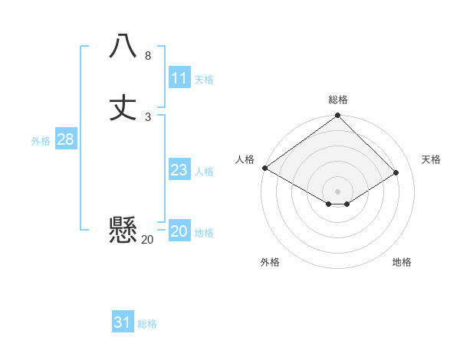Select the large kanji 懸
tap(123, 230)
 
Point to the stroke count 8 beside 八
tap(148, 56)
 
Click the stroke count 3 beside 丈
tap(148, 117)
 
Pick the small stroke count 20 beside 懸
tap(147, 240)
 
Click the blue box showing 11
tap(179, 78)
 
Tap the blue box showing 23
tap(179, 170)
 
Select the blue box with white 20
tap(179, 231)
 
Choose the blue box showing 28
tap(65, 139)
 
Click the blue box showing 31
tap(123, 322)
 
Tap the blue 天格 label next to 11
tap(204, 80)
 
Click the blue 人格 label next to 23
tap(204, 172)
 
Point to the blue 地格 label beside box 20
tap(204, 233)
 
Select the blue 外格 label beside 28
tap(41, 141)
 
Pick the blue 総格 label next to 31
tap(147, 324)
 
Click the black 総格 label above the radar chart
tap(338, 100)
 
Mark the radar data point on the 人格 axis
tap(264, 168)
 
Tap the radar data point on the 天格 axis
tap(396, 173)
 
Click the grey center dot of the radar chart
tap(338, 191)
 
